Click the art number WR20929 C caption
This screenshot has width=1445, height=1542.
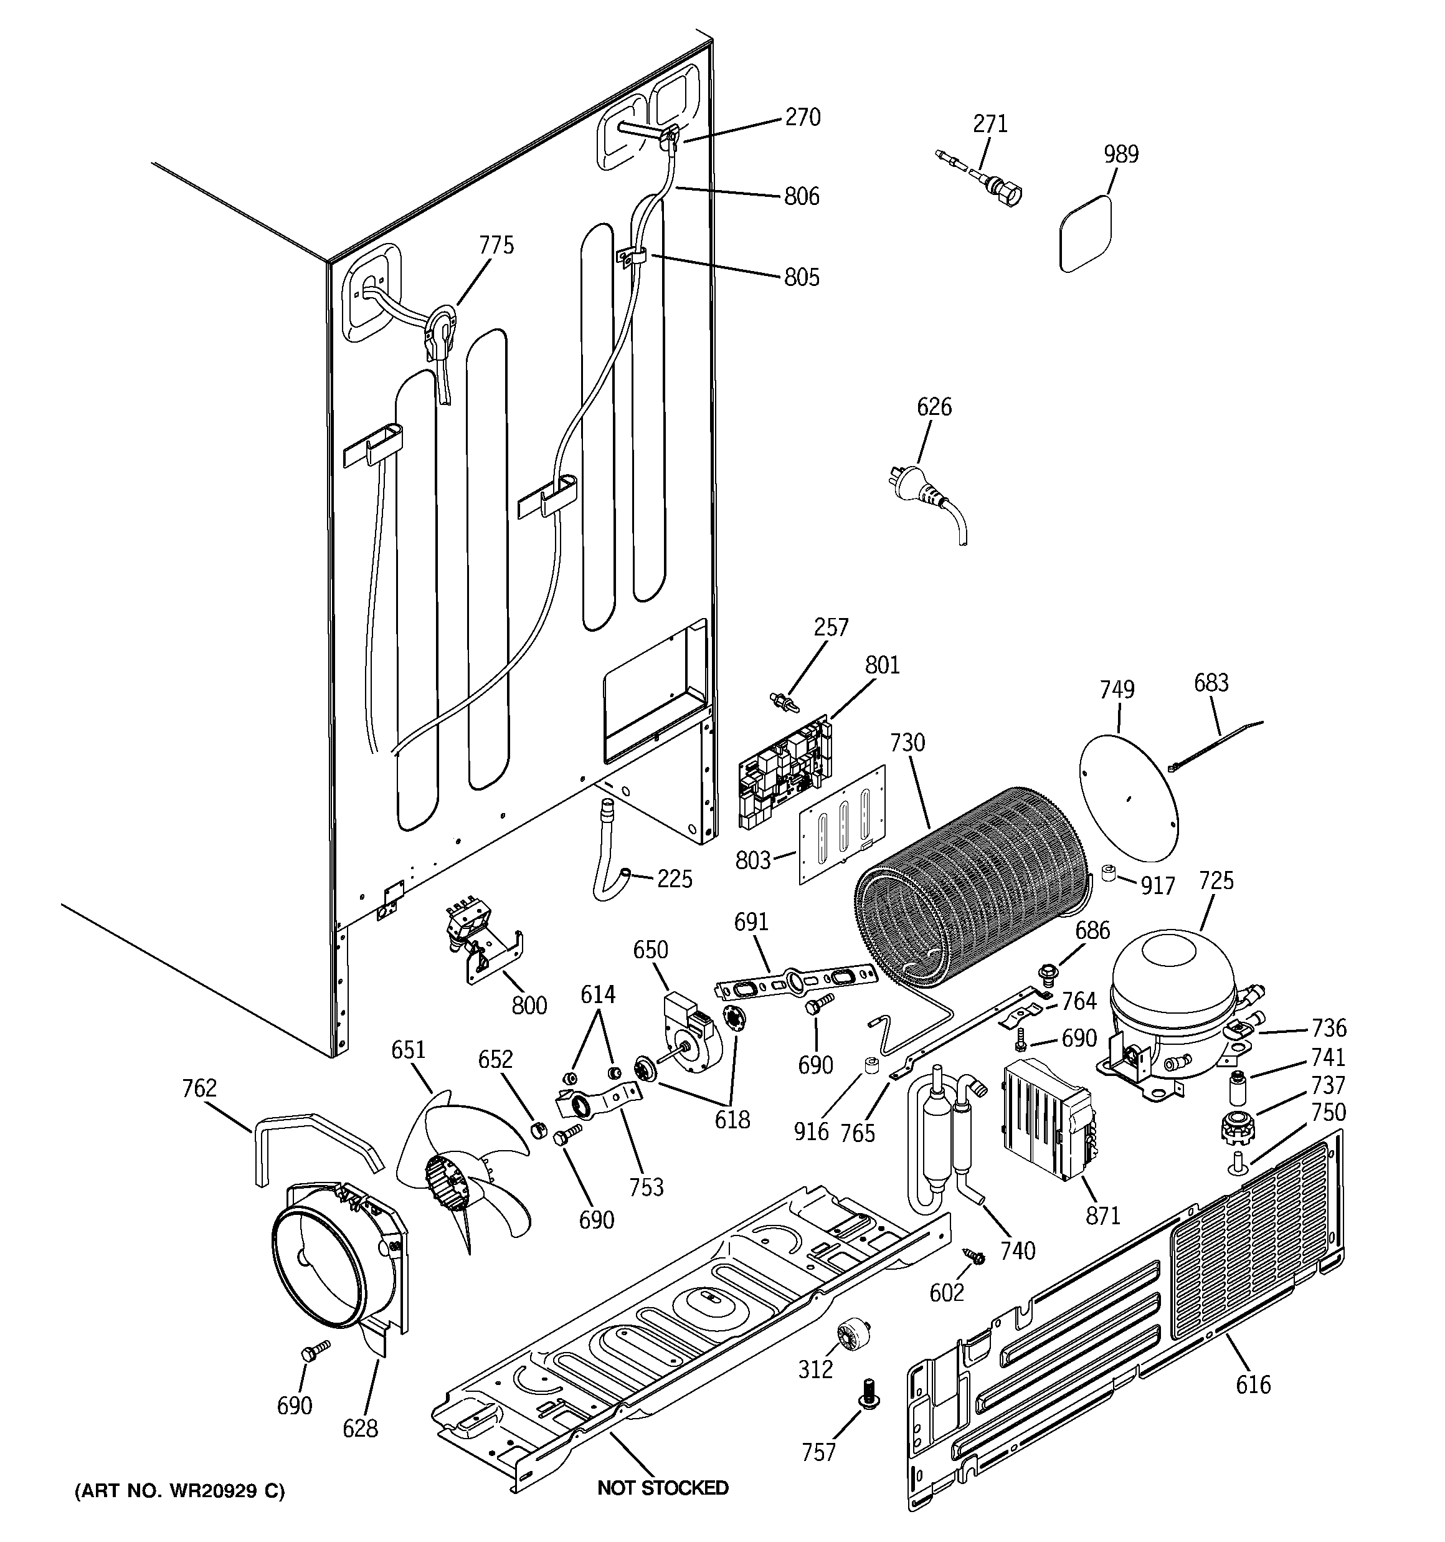pyautogui.click(x=179, y=1491)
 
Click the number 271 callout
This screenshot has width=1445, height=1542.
pyautogui.click(x=990, y=123)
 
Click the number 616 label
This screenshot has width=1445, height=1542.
pyautogui.click(x=1253, y=1384)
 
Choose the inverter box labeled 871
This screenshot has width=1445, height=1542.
pyautogui.click(x=1047, y=1121)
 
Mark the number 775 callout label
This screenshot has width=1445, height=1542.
pyautogui.click(x=496, y=245)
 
